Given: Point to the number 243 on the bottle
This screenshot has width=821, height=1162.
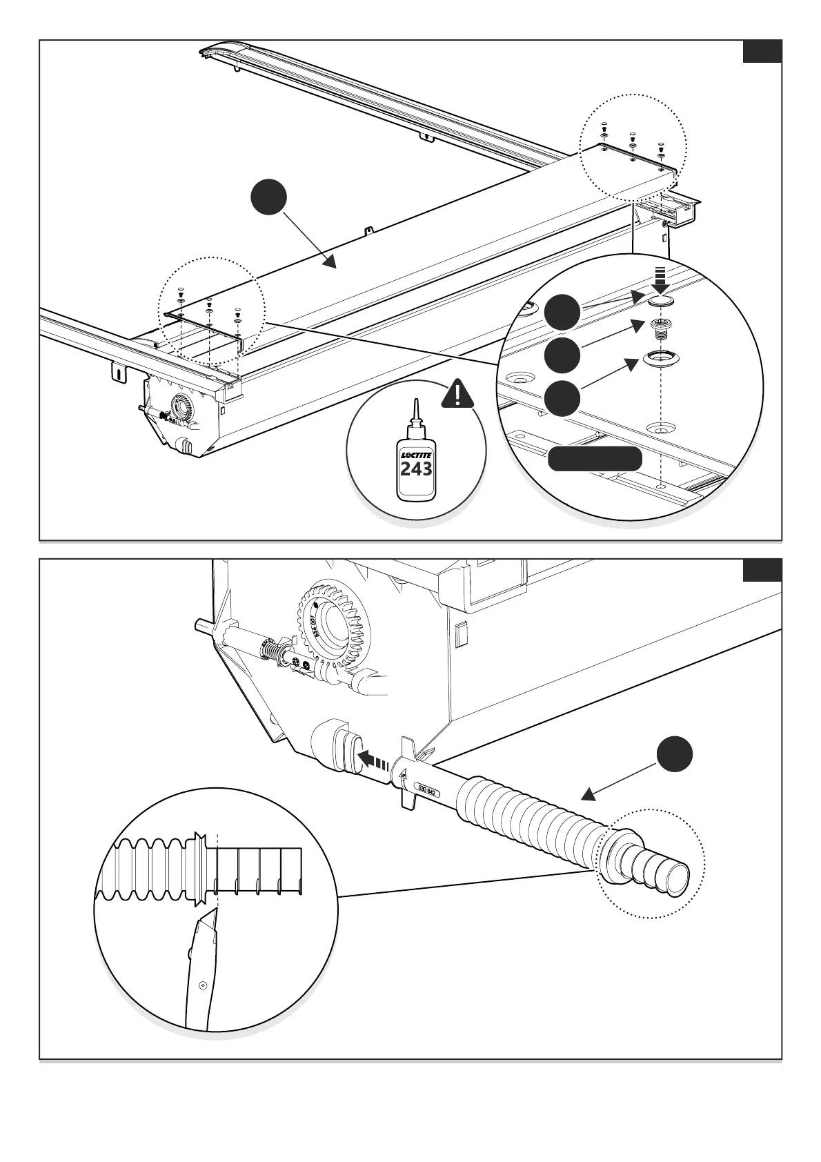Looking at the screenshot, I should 416,469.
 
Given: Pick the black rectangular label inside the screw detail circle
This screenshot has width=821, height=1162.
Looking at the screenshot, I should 595,459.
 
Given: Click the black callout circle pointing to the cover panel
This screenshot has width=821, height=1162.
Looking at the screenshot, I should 268,198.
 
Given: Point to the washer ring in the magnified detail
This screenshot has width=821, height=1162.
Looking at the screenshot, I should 662,358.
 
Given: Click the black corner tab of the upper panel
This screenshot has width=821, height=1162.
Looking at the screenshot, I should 762,52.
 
